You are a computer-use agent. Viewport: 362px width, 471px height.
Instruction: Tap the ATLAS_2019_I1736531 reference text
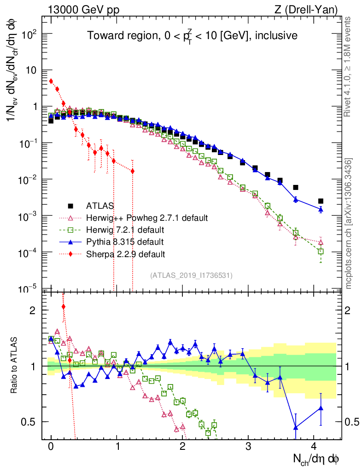coord(191,276)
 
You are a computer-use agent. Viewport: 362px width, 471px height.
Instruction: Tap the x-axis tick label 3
coord(248,446)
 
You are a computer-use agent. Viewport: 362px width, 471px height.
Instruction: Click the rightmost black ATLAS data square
coord(321,201)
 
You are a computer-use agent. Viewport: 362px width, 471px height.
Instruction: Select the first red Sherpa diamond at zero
coord(51,81)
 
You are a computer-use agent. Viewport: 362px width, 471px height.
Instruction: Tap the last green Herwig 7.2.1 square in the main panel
coord(321,251)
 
